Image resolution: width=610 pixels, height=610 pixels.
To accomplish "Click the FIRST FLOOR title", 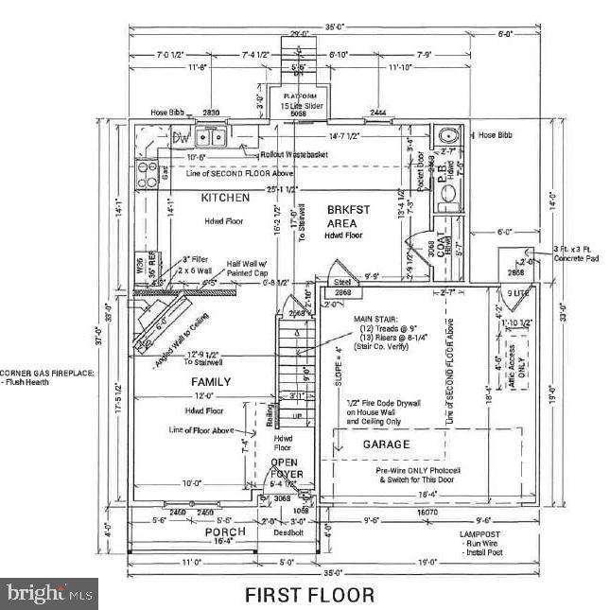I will coord(309,595).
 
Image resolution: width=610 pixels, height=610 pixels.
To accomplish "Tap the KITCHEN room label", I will coord(225,198).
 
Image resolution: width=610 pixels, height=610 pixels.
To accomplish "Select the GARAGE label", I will coord(388,444).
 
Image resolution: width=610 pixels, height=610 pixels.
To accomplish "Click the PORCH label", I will coord(225,532).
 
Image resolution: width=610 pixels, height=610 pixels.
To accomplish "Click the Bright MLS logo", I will coord(49,594).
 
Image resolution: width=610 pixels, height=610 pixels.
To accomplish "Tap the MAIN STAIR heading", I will coord(376,320).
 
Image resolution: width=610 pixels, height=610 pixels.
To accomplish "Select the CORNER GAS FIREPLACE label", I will coord(47,373).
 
